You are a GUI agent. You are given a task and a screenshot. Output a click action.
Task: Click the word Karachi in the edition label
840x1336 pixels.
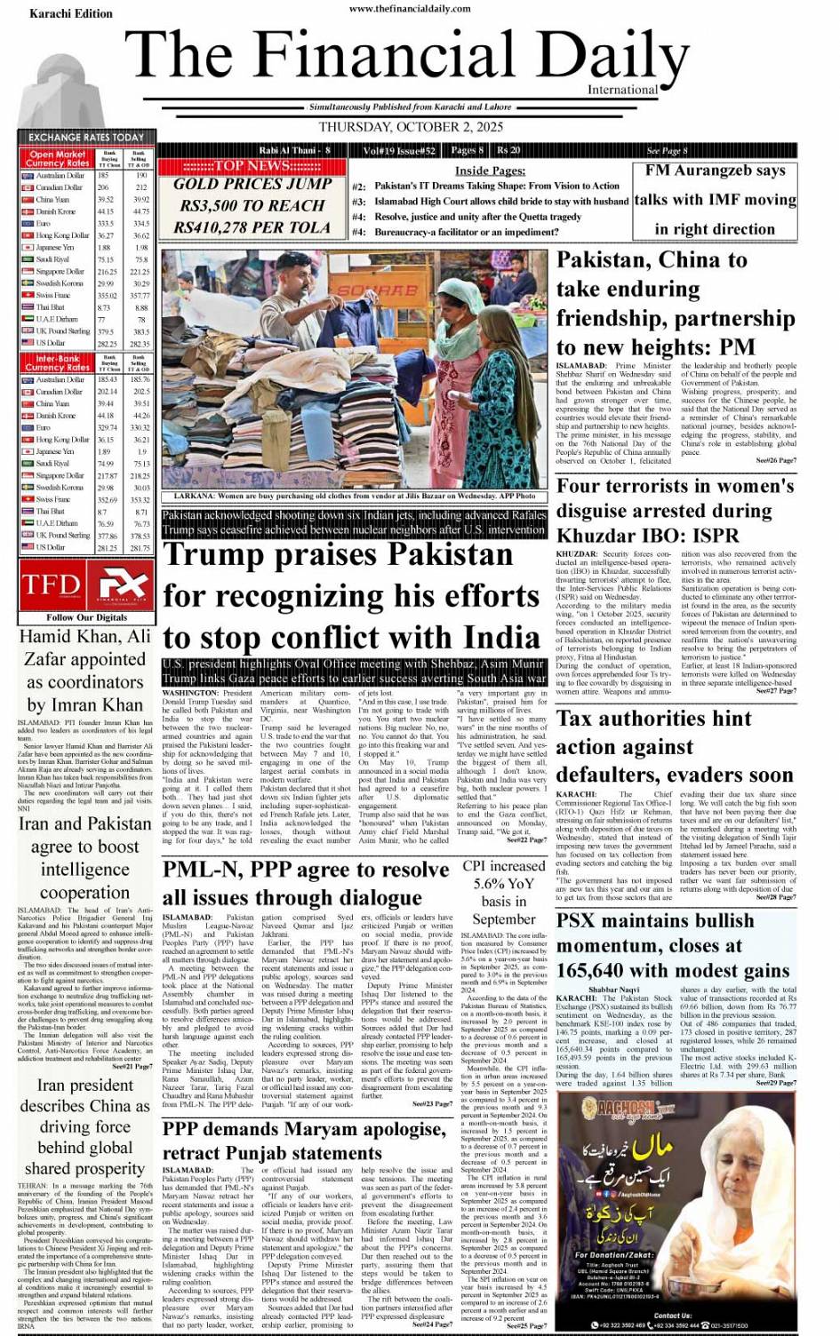tap(50, 13)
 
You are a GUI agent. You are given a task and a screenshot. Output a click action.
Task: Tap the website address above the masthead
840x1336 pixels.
tap(410, 9)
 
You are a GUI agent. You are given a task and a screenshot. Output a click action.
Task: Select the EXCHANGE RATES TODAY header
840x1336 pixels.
tap(85, 138)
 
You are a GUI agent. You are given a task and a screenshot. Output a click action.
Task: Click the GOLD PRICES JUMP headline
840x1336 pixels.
tap(252, 185)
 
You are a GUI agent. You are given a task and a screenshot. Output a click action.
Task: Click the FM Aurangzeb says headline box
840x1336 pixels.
tap(715, 199)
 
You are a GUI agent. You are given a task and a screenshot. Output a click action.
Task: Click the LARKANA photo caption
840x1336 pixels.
tap(354, 496)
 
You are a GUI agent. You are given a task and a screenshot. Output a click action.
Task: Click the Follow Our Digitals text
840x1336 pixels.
tap(86, 617)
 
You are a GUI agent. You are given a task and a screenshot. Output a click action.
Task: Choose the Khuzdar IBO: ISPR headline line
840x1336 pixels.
tap(647, 536)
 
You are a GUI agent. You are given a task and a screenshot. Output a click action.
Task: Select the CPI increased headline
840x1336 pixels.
tap(504, 892)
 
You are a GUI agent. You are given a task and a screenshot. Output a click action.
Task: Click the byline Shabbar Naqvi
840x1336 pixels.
tap(613, 990)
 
